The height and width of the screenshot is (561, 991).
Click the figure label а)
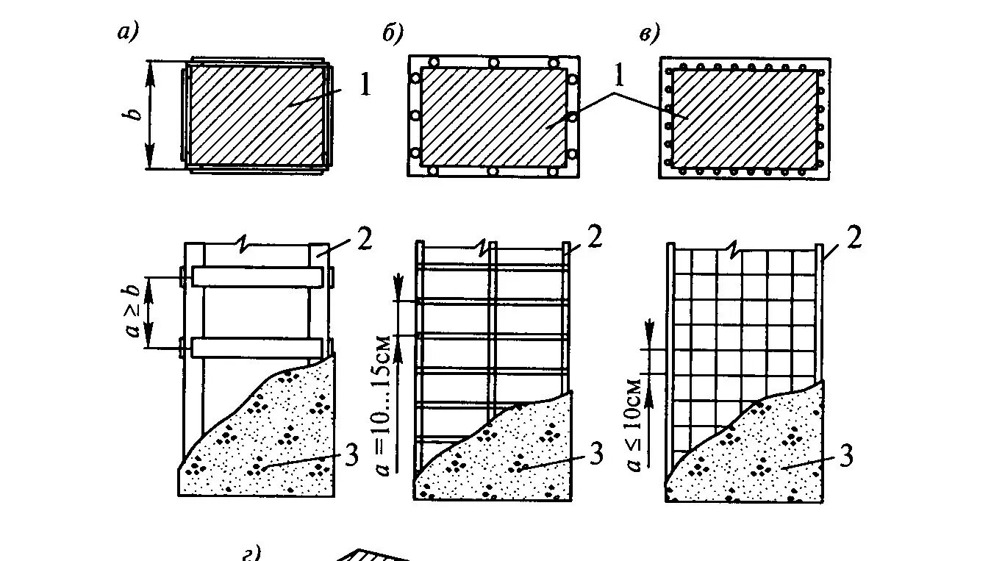tap(128, 32)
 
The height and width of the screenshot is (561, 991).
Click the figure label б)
tap(392, 32)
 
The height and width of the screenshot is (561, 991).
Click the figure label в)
tap(649, 32)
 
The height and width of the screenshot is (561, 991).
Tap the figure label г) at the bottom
tap(252, 553)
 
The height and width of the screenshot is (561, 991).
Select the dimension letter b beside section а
tap(134, 115)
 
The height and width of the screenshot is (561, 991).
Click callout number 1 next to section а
tap(365, 85)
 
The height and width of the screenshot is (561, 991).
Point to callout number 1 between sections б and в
tap(619, 74)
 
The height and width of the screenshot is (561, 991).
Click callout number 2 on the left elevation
tap(365, 238)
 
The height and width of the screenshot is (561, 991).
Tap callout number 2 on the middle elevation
tap(595, 237)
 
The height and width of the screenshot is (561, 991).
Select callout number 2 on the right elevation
tap(852, 238)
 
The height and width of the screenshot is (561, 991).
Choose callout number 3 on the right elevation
tap(845, 455)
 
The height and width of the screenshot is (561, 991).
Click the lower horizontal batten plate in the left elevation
tap(257, 347)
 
